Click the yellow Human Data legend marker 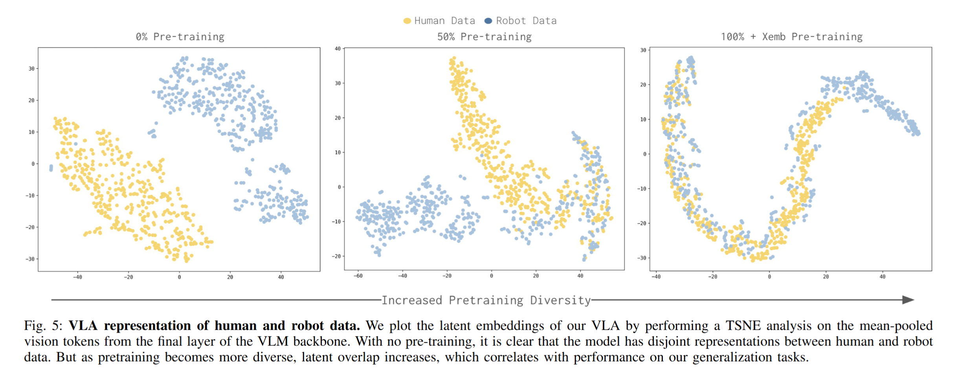(407, 21)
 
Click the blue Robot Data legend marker (488, 21)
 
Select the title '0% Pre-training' (180, 37)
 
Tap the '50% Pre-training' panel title (484, 37)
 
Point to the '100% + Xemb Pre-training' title (791, 37)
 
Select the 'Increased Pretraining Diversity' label (486, 300)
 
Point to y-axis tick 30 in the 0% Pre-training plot (31, 69)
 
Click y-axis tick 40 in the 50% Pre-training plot (338, 49)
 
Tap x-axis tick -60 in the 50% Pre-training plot (358, 276)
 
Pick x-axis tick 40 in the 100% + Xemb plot (882, 277)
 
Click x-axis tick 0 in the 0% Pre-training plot (179, 277)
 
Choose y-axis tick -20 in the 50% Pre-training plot (336, 256)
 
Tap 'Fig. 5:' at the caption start (43, 326)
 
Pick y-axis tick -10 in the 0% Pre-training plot (30, 196)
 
